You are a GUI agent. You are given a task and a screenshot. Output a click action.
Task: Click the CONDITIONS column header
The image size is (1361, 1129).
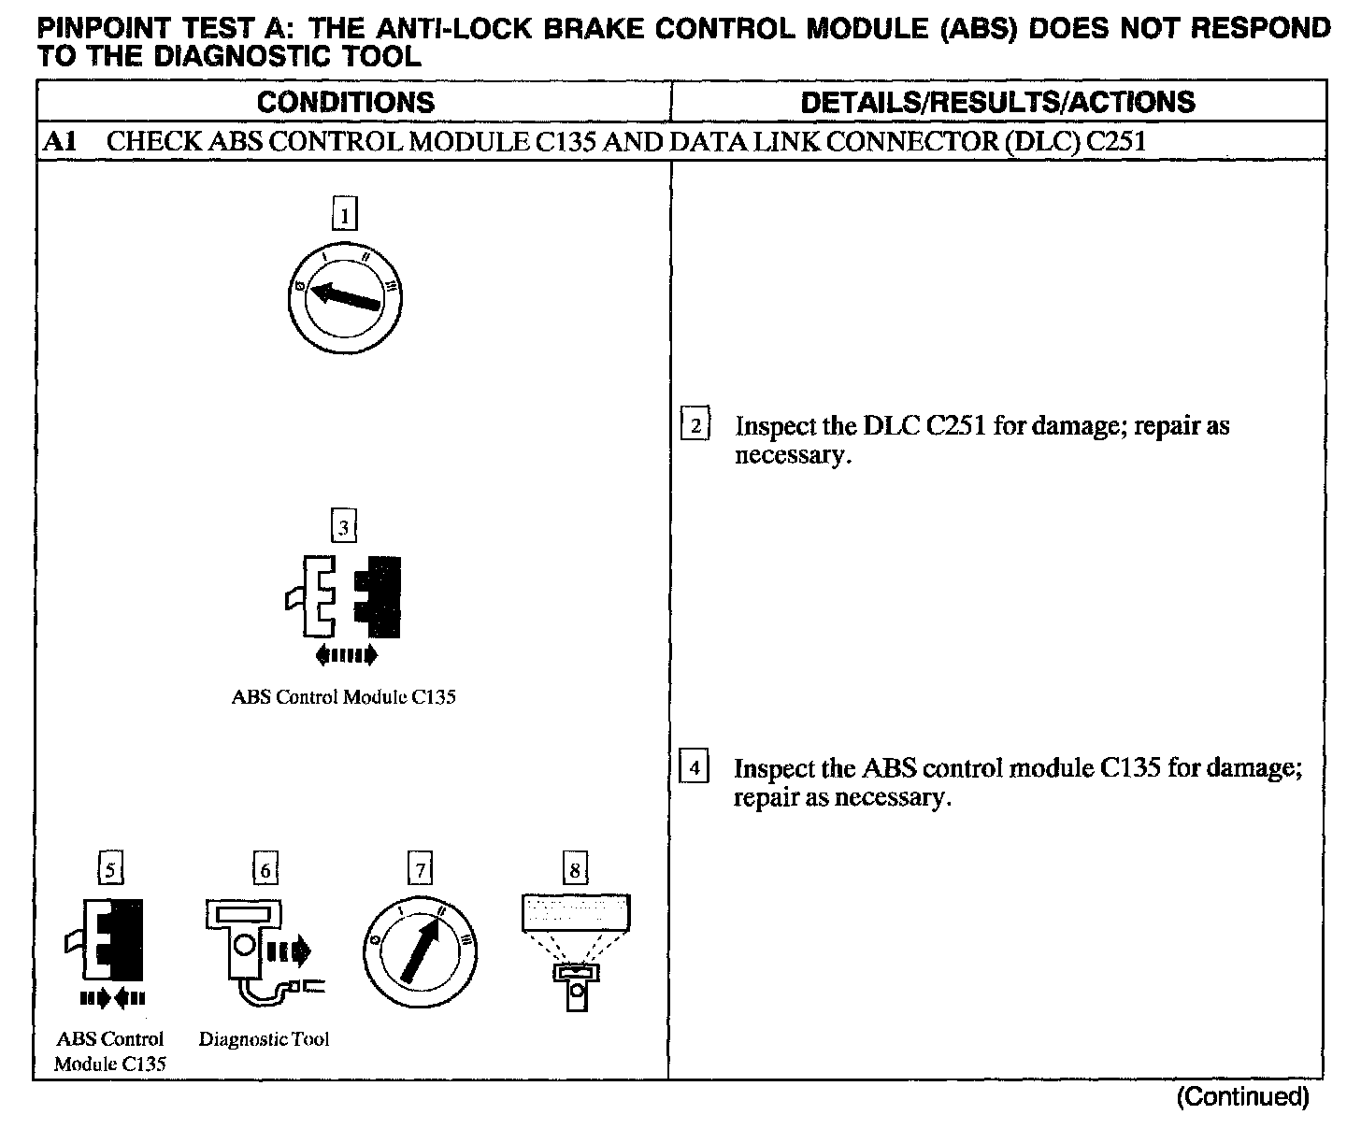pos(345,102)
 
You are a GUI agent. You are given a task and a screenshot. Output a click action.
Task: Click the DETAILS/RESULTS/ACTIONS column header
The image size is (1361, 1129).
pos(997,102)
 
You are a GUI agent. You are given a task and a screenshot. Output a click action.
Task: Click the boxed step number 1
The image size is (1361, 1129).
pos(345,216)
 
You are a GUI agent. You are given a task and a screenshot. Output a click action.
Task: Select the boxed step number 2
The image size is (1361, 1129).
pos(695,426)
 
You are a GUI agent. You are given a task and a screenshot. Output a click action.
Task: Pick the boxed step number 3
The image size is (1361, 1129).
pos(344,528)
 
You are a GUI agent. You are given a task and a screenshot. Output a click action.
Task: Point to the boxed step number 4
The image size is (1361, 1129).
pos(694,768)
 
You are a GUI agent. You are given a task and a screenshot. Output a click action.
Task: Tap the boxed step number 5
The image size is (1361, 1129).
pos(110,871)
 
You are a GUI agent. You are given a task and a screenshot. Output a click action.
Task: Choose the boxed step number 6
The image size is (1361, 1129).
pos(265,871)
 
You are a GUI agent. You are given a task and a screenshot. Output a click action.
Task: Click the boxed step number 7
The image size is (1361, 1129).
pos(421,871)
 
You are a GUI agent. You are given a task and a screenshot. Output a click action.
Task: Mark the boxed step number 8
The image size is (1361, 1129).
pos(575,871)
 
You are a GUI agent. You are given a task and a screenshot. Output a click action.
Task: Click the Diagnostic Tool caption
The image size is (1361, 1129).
pos(265,1039)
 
